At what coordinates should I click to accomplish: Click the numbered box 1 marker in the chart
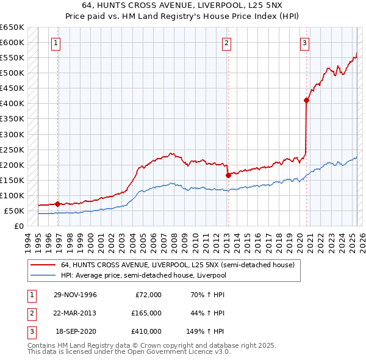(56, 43)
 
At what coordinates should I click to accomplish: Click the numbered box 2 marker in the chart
(226, 43)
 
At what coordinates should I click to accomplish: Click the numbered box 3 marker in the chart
(304, 43)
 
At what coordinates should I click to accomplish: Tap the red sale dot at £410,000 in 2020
(306, 101)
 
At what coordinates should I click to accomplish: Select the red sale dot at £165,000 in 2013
(228, 175)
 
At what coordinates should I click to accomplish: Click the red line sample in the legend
(42, 265)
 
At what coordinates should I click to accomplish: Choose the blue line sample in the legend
(42, 275)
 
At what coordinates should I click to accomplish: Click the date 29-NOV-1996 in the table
(75, 295)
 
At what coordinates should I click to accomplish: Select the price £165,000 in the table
(146, 313)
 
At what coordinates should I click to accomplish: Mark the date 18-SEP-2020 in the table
(76, 331)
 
